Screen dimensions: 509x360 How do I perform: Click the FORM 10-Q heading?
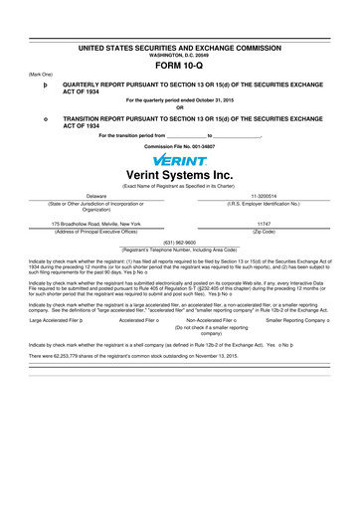pos(179,71)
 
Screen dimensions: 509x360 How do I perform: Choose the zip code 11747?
pos(264,225)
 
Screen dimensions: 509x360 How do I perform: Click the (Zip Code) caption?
pos(264,231)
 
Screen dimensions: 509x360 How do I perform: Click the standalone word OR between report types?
pos(180,109)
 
